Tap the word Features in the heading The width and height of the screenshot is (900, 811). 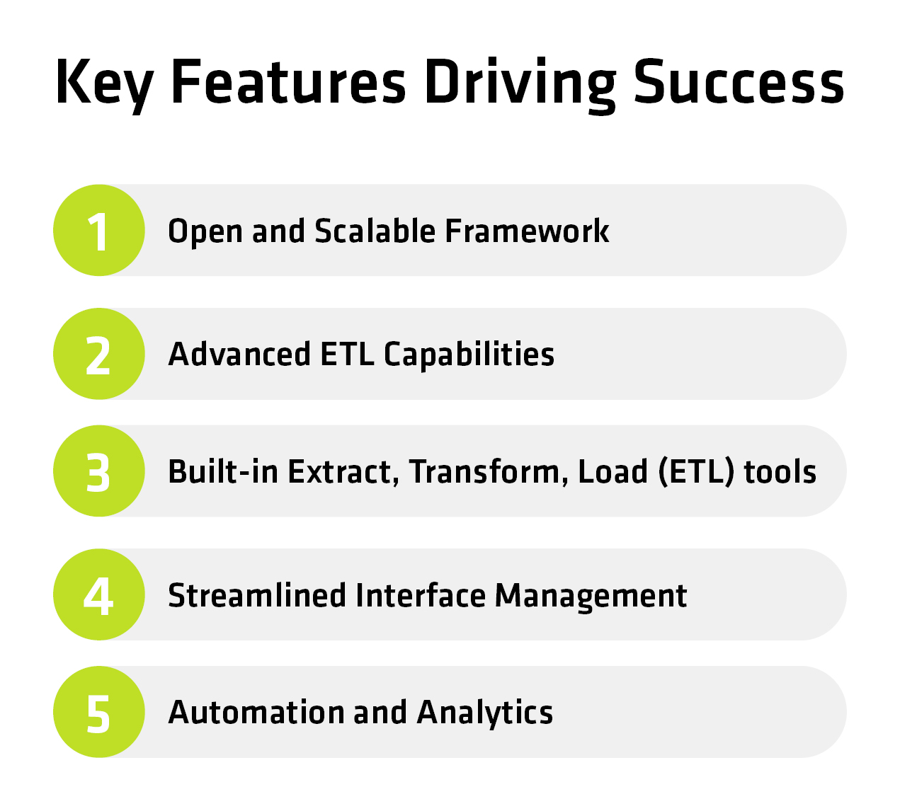pyautogui.click(x=288, y=82)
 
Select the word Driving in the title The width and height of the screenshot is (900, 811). pyautogui.click(x=520, y=85)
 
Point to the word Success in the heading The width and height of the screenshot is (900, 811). pyautogui.click(x=739, y=82)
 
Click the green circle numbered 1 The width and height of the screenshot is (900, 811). pyautogui.click(x=99, y=230)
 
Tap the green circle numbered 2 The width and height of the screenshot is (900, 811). pyautogui.click(x=99, y=353)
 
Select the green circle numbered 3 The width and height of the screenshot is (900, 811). pyautogui.click(x=99, y=471)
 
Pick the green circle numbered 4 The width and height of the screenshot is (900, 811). pyautogui.click(x=99, y=594)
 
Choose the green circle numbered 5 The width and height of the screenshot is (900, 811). pyautogui.click(x=99, y=712)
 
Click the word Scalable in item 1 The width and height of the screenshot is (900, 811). pyautogui.click(x=375, y=231)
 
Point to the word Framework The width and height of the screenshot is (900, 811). pyautogui.click(x=527, y=231)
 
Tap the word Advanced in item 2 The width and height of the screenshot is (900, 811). pyautogui.click(x=239, y=355)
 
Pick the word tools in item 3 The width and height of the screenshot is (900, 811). pyautogui.click(x=780, y=472)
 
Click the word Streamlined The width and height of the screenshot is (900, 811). pyautogui.click(x=257, y=596)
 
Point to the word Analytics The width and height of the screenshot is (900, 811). pyautogui.click(x=484, y=715)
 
